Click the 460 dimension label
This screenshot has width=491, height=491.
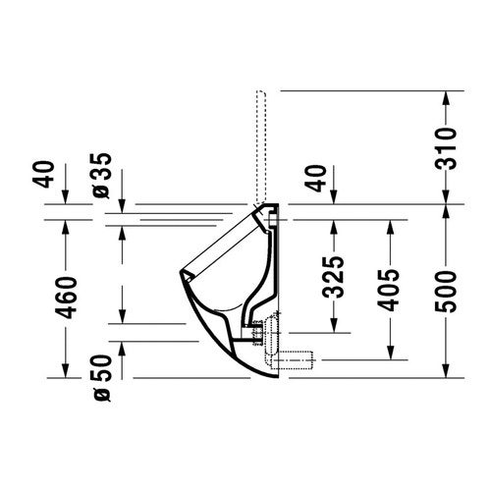66,295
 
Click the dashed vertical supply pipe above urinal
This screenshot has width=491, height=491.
261,147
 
